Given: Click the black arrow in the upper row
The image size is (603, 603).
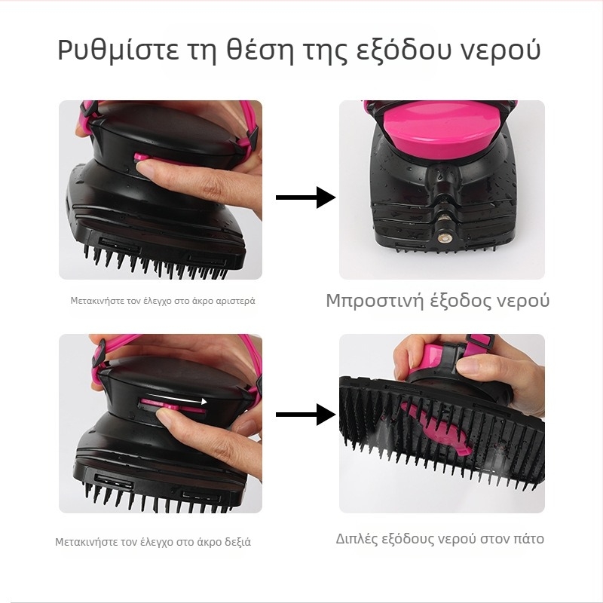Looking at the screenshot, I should [305, 197].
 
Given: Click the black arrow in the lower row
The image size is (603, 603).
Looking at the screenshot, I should [305, 414].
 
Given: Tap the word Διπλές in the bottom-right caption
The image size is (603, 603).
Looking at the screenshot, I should [358, 539].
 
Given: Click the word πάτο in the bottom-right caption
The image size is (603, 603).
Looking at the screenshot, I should [527, 539].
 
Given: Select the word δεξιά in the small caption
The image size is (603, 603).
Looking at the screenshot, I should [234, 542].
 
